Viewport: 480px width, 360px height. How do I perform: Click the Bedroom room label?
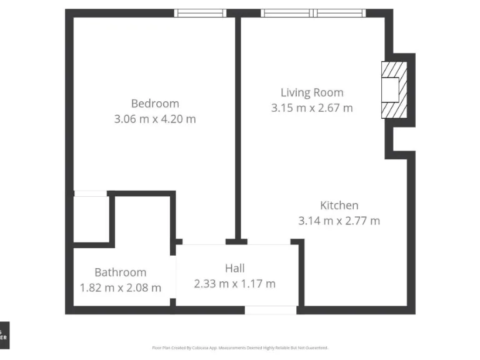pyautogui.click(x=155, y=104)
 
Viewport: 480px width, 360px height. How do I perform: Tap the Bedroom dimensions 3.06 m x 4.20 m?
pyautogui.click(x=155, y=119)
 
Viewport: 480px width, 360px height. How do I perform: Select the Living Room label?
pyautogui.click(x=312, y=92)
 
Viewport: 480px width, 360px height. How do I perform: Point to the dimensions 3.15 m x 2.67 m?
pyautogui.click(x=312, y=107)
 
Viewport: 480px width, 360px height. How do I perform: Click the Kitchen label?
pyautogui.click(x=339, y=205)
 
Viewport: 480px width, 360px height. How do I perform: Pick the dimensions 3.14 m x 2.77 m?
pyautogui.click(x=339, y=220)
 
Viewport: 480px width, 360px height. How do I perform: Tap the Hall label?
pyautogui.click(x=235, y=269)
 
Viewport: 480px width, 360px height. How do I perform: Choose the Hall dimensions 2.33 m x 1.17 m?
pyautogui.click(x=235, y=284)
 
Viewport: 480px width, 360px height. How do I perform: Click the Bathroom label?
pyautogui.click(x=121, y=272)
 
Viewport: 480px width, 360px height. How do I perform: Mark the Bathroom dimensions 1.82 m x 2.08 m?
pyautogui.click(x=121, y=287)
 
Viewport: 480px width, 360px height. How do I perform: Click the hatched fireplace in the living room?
pyautogui.click(x=394, y=89)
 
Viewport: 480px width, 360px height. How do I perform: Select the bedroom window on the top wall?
pyautogui.click(x=200, y=13)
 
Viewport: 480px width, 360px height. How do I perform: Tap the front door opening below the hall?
pyautogui.click(x=270, y=310)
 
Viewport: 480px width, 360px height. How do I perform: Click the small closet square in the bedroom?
pyautogui.click(x=91, y=219)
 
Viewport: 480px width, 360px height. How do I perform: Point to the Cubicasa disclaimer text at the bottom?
pyautogui.click(x=240, y=347)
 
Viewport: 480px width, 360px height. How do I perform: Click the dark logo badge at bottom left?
pyautogui.click(x=4, y=335)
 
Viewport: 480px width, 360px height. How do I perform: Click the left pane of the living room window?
pyautogui.click(x=288, y=13)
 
